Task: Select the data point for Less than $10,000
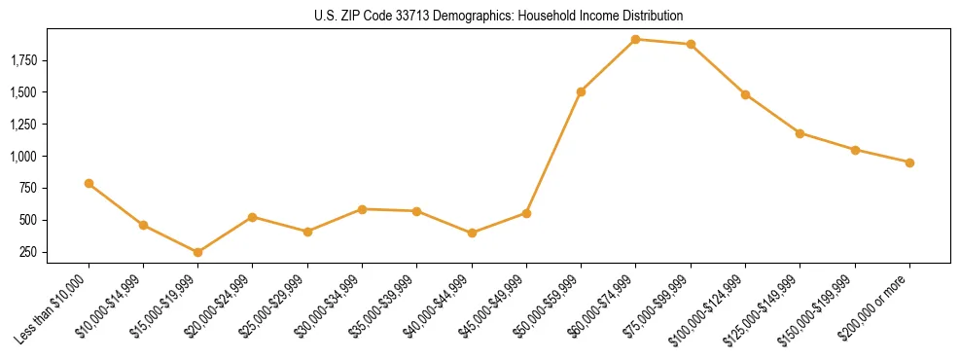(x=89, y=183)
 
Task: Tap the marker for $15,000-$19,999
(x=197, y=252)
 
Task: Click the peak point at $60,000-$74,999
(x=635, y=39)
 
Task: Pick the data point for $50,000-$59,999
(x=581, y=91)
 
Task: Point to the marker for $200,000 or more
(x=909, y=162)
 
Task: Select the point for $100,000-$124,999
(x=745, y=94)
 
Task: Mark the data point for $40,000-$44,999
(x=472, y=233)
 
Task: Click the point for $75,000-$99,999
(x=691, y=44)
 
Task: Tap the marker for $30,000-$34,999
(x=362, y=209)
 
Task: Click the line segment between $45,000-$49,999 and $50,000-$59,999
(x=553, y=153)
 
